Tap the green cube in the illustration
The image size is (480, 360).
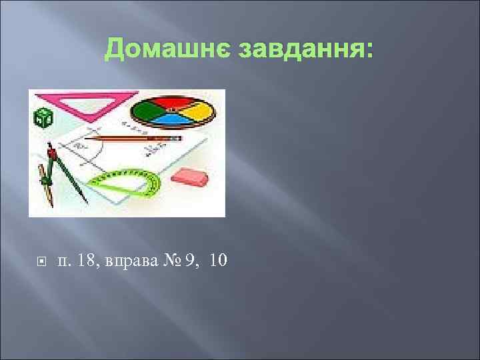43,118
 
